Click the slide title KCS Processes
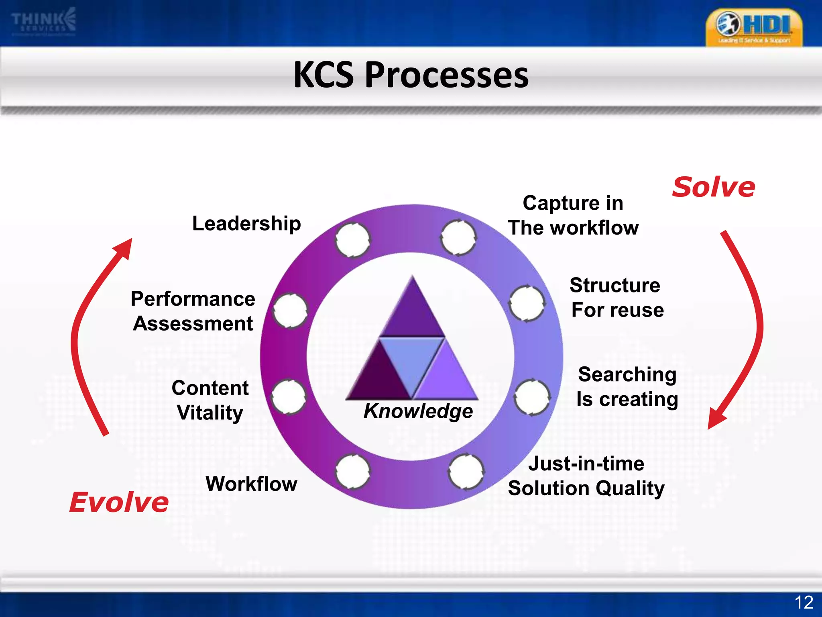pyautogui.click(x=411, y=75)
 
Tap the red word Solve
pyautogui.click(x=713, y=187)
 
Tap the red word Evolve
pyautogui.click(x=119, y=502)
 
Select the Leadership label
pyautogui.click(x=246, y=223)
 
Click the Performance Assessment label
pyautogui.click(x=193, y=311)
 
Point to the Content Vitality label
pyautogui.click(x=210, y=400)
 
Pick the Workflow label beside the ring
pyautogui.click(x=252, y=484)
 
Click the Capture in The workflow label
pyautogui.click(x=573, y=215)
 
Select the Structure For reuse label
pyautogui.click(x=616, y=298)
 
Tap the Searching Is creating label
pyautogui.click(x=627, y=386)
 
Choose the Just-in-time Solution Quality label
pyautogui.click(x=586, y=476)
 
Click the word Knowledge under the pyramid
pyautogui.click(x=418, y=411)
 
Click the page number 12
pyautogui.click(x=804, y=603)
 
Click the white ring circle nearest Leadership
pyautogui.click(x=352, y=240)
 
